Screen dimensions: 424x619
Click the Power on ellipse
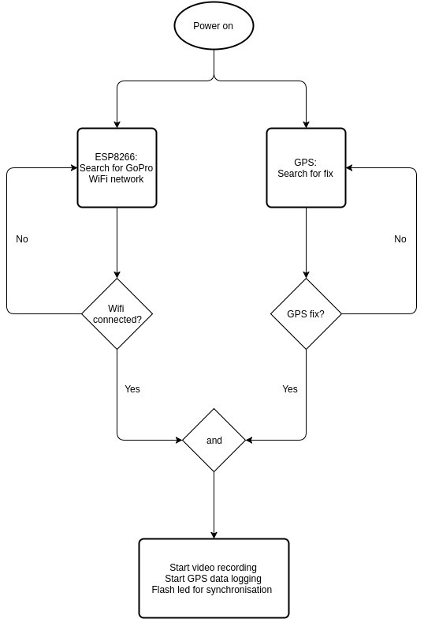[214, 25]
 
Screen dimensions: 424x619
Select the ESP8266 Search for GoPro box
[117, 167]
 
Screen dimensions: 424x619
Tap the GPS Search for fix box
[306, 167]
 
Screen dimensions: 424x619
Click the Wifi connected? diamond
[117, 314]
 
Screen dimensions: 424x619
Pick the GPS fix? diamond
[306, 314]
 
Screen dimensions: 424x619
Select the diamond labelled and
[214, 441]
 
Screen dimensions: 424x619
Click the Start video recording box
[214, 578]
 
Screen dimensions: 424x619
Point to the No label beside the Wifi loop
[22, 238]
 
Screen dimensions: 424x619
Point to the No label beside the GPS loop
[400, 238]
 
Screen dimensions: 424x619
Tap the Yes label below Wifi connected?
[132, 388]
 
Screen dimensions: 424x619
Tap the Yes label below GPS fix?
[290, 388]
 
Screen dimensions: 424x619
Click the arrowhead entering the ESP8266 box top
[117, 124]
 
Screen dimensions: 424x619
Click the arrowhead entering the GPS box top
[306, 124]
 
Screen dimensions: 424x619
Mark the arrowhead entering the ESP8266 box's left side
[73, 167]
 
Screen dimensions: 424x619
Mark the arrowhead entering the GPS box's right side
[350, 167]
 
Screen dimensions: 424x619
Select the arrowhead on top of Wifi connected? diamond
[117, 275]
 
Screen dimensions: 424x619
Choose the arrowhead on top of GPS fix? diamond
[306, 275]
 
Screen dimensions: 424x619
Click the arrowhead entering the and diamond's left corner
[178, 440]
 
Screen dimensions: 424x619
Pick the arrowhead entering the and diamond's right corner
[249, 440]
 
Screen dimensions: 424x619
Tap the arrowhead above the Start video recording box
[214, 535]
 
